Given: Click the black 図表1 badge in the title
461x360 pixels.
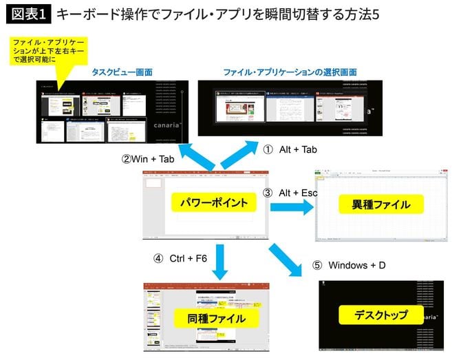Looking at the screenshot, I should (x=27, y=14).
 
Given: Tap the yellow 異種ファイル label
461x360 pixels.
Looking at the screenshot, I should (x=380, y=204).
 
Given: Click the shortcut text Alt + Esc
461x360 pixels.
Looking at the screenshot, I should (x=298, y=193).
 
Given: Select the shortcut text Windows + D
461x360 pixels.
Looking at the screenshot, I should (x=357, y=265).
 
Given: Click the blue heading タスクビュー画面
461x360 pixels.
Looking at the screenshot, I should (x=122, y=72).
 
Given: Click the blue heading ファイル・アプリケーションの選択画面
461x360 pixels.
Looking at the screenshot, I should (x=290, y=72).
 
